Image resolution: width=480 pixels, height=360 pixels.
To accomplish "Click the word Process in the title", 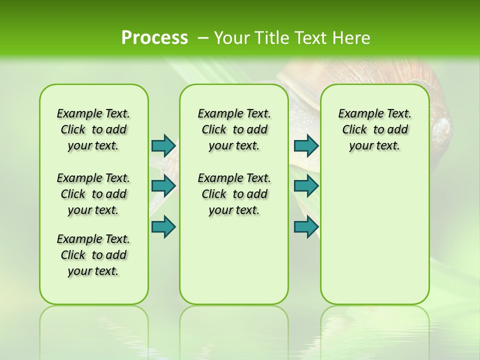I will (154, 37).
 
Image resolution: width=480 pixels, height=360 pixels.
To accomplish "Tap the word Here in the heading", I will (352, 37).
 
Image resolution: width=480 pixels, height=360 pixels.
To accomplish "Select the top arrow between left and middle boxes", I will (163, 145).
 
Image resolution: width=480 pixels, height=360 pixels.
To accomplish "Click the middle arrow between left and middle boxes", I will (163, 185).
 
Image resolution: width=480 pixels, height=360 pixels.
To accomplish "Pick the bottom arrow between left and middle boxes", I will (163, 226).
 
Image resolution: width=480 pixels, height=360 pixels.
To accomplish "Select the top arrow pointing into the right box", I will (306, 145).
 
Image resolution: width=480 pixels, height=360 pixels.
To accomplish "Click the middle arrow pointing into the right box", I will (306, 185).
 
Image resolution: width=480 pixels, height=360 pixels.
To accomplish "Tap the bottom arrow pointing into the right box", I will (306, 226).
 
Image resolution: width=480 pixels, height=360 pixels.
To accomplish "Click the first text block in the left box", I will (93, 129).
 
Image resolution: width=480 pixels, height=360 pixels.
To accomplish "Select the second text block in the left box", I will (93, 194).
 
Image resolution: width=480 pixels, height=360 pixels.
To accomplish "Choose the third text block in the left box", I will (93, 255).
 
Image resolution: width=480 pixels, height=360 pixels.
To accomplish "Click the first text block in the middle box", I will (234, 129).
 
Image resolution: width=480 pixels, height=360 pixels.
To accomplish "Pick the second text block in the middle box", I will (234, 194).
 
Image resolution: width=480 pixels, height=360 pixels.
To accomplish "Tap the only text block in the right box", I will (374, 129).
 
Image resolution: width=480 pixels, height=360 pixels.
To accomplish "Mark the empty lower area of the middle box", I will (234, 260).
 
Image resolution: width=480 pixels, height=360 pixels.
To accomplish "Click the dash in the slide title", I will (203, 37).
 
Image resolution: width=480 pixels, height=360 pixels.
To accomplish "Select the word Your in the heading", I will (232, 37).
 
